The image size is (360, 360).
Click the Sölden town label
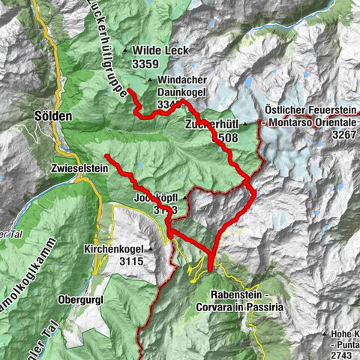pyautogui.click(x=53, y=117)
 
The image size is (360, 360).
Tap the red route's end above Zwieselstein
pyautogui.click(x=106, y=155)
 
